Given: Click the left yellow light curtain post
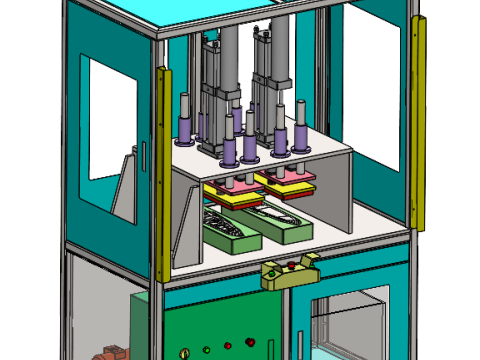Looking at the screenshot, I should pyautogui.click(x=160, y=170).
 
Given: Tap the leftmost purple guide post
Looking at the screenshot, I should pyautogui.click(x=185, y=120).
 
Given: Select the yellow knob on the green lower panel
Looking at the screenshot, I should pyautogui.click(x=184, y=352).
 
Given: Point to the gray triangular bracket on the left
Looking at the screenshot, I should pyautogui.click(x=127, y=185).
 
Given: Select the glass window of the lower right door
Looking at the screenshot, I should pyautogui.click(x=352, y=320).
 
